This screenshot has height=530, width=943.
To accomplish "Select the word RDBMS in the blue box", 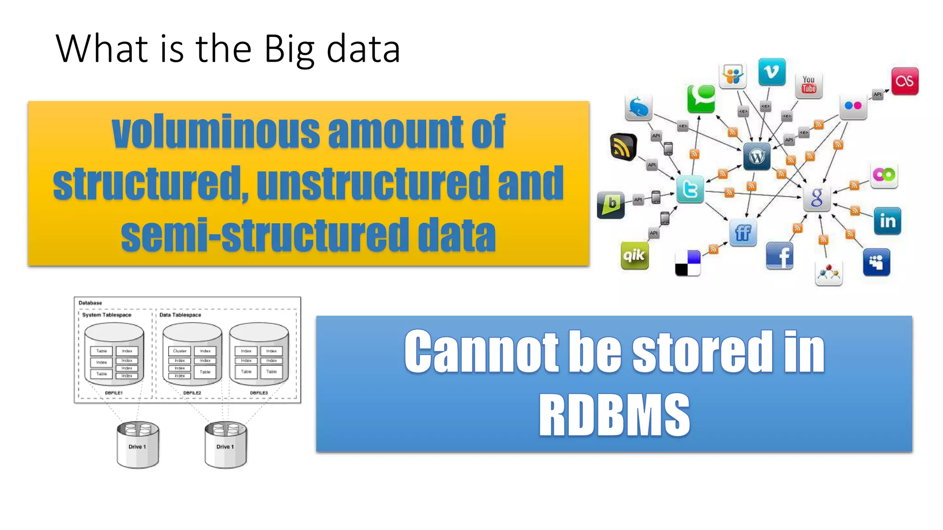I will (614, 415).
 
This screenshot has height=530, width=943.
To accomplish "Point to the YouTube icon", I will (809, 85).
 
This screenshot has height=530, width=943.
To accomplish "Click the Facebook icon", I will (780, 256).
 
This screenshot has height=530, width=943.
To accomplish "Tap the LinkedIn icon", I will (887, 221).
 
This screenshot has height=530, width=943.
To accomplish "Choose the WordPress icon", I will (757, 156).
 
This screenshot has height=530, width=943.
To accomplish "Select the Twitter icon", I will (690, 189).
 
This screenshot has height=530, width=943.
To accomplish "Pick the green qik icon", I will (634, 255).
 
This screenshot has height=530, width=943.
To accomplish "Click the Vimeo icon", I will (772, 72).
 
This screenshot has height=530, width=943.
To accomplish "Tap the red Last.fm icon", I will (905, 81).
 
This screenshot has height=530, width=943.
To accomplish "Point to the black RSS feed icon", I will (623, 147).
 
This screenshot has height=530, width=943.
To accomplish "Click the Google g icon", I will (817, 198).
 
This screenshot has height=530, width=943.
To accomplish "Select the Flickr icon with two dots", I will (853, 106).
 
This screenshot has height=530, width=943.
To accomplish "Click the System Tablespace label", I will (107, 315).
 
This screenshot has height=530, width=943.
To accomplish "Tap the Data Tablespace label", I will (180, 315).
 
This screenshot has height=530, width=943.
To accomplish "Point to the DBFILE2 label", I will (192, 393).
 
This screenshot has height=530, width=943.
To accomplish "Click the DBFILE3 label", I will (259, 393).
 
